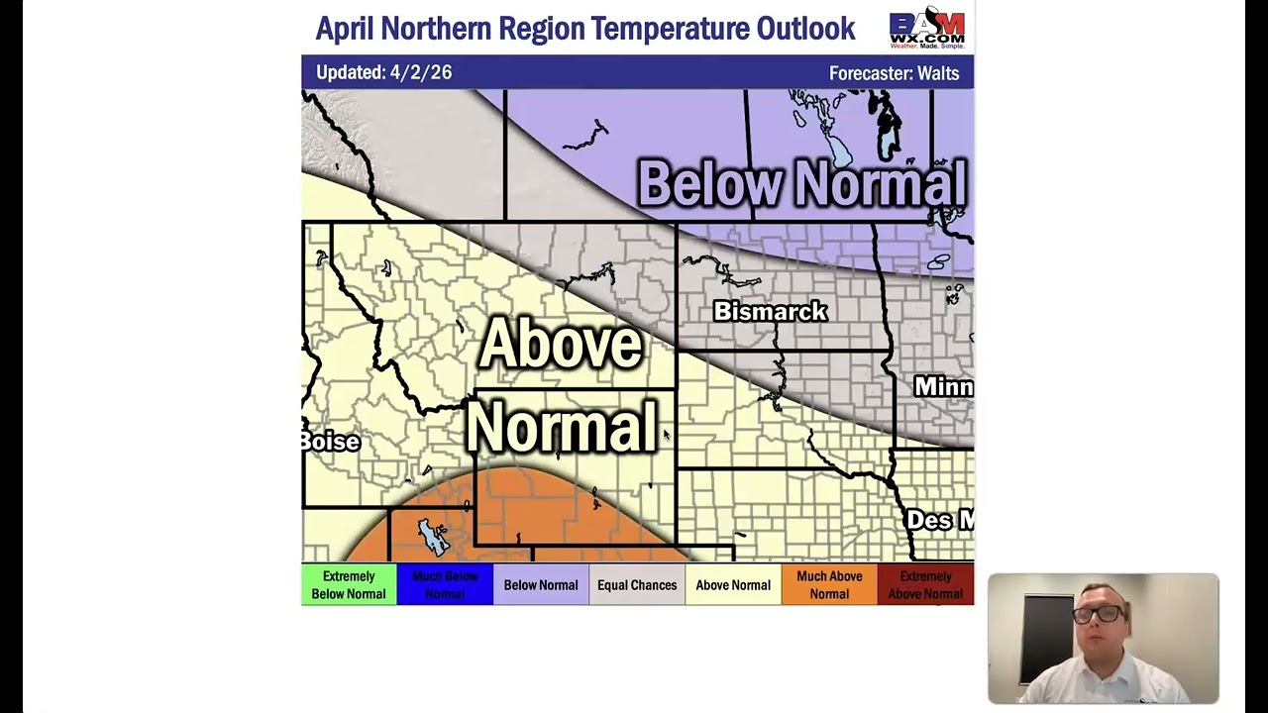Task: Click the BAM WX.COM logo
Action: (x=926, y=29)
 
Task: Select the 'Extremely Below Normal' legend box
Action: (x=349, y=585)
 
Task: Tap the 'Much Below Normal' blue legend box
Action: (x=445, y=585)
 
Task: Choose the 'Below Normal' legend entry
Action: (x=540, y=585)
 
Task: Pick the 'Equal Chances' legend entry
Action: (x=637, y=585)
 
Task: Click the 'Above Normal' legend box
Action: (x=733, y=585)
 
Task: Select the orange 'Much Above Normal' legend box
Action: (x=829, y=585)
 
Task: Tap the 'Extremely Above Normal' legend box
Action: (x=925, y=585)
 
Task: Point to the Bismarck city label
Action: (x=770, y=312)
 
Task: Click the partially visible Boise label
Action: (x=331, y=442)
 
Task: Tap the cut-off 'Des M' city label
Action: (x=939, y=520)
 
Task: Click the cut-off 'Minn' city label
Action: (x=942, y=386)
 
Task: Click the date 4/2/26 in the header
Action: (x=420, y=72)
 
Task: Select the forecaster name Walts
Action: (x=937, y=73)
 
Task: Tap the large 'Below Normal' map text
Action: (x=801, y=184)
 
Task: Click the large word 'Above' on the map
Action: (x=560, y=344)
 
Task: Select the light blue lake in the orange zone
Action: (x=434, y=537)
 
